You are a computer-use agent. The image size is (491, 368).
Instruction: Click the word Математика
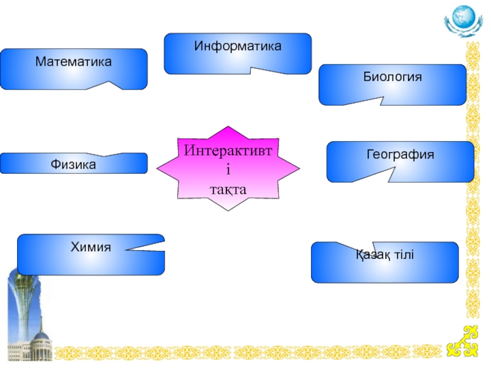click(x=73, y=62)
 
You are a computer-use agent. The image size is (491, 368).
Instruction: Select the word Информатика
click(x=238, y=46)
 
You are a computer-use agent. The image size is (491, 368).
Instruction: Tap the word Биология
click(x=392, y=77)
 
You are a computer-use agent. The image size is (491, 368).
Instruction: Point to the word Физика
click(x=73, y=164)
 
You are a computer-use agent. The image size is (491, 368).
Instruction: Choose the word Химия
click(x=90, y=247)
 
